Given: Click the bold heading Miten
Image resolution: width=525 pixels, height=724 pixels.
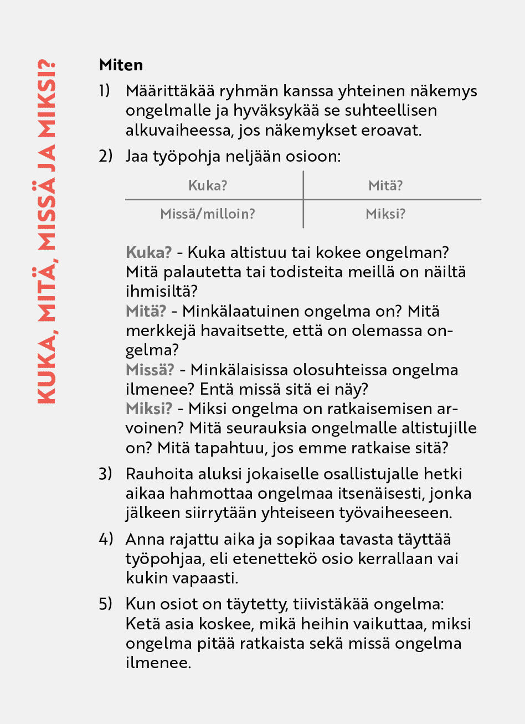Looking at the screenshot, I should tap(121, 65).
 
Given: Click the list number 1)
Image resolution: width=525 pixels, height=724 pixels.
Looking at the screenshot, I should tap(105, 91).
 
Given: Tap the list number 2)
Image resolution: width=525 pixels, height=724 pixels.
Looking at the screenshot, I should tap(105, 156).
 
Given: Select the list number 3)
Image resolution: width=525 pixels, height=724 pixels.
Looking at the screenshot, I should tap(105, 474).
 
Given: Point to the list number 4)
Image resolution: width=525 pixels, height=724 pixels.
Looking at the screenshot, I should tap(105, 539).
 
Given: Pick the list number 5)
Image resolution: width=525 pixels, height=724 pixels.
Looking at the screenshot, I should tap(105, 604).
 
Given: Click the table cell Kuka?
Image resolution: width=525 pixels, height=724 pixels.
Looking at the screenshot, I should tap(208, 185).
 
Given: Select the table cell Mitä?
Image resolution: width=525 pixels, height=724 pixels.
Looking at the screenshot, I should tap(385, 185).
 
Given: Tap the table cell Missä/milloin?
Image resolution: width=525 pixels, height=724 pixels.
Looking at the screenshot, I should tap(208, 214).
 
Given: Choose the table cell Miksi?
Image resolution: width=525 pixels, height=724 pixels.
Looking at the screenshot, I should tap(385, 214).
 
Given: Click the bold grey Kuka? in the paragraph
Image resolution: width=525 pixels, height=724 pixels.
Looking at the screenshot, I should tap(149, 252).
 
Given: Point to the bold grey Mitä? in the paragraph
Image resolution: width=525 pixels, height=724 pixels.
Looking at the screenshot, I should tap(146, 311).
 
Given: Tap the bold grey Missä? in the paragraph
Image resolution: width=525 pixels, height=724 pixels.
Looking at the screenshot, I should tap(150, 370).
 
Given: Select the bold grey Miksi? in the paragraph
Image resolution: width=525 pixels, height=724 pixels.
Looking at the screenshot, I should tap(150, 408).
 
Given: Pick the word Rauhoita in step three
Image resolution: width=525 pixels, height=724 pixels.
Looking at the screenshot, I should tap(156, 474).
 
